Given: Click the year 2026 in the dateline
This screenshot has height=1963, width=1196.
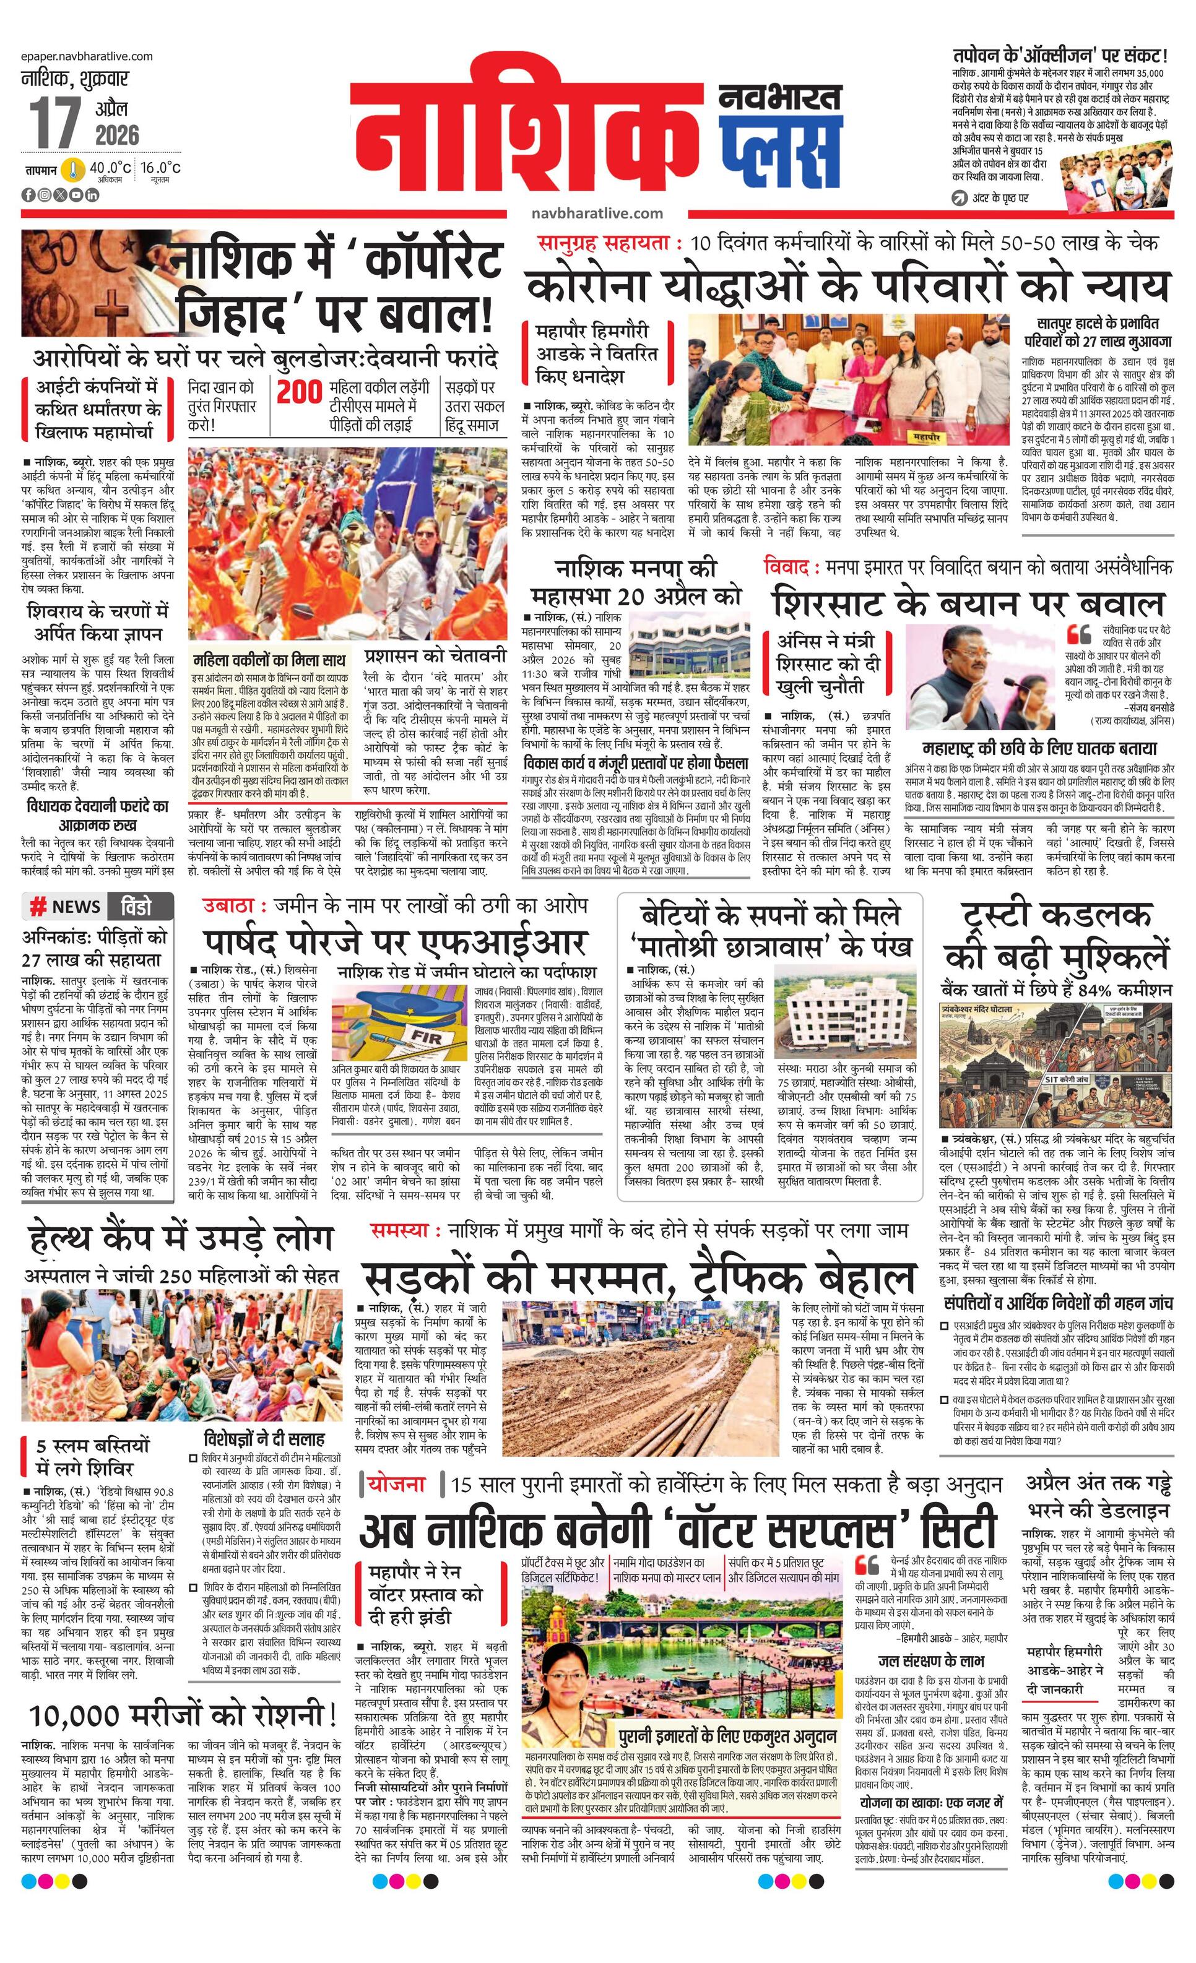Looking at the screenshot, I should click(117, 135).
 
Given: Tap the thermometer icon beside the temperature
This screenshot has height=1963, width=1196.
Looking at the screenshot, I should click(74, 170).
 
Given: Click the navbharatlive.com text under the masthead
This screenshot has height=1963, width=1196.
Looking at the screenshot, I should click(597, 213).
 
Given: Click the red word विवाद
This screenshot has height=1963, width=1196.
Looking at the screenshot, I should click(788, 567).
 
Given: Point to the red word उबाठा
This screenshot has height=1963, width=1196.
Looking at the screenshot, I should click(228, 905).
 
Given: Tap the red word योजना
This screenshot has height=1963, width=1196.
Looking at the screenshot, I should click(396, 1483).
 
